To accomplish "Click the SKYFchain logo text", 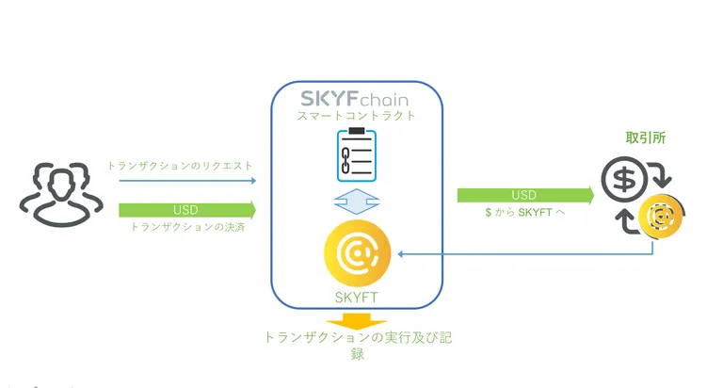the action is point(354,99).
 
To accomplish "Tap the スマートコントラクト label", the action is point(356,116).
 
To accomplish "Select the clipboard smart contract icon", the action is point(357,154).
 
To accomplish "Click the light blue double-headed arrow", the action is point(357,202).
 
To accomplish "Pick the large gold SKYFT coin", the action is point(358,252).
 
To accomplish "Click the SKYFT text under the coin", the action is point(357,298).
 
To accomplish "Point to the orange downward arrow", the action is point(357,321).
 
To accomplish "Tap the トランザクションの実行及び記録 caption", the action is point(358,345).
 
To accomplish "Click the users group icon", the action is point(61,194).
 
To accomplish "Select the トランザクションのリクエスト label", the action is point(180,166).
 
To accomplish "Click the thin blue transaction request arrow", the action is point(187,181).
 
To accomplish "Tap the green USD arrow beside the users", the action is point(187,210).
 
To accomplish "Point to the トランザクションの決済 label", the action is point(187,227).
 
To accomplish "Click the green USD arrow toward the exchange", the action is point(525,195).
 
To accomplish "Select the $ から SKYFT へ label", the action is point(525,212).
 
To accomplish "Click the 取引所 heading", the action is point(645,137).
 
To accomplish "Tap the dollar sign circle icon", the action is point(624,180).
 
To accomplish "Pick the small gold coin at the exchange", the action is point(660,217).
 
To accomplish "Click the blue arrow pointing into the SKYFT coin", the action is point(525,253).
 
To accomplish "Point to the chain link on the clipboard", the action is point(345,160).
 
